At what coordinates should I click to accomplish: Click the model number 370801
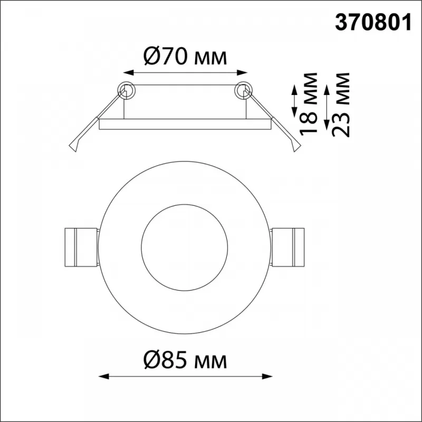point(373,23)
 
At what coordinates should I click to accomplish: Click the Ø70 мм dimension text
point(186,56)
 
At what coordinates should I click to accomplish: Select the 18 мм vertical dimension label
point(309,103)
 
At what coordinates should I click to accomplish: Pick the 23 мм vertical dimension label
point(341,105)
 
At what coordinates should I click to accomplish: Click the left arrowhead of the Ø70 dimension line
point(128,72)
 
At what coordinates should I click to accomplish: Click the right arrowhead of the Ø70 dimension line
point(242,72)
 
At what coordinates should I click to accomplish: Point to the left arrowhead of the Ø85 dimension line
point(103,376)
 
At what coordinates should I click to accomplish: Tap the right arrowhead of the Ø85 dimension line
point(267,376)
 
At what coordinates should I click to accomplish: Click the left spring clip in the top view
point(81,247)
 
